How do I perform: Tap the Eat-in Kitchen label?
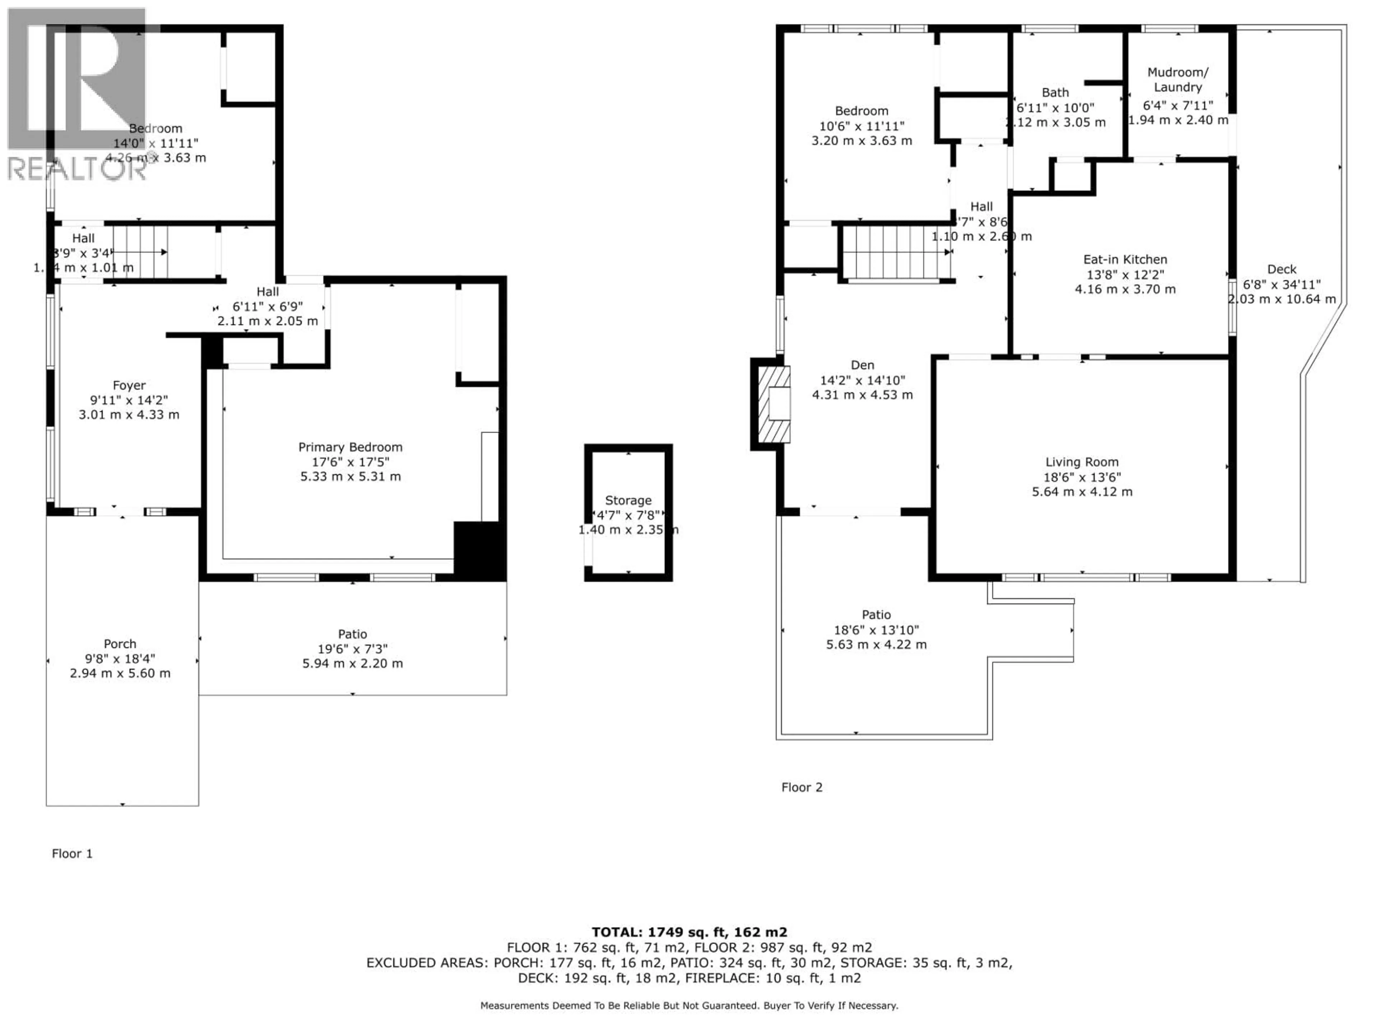[x=1125, y=259]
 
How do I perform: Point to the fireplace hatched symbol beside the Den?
[x=774, y=404]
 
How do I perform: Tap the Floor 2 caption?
[x=802, y=787]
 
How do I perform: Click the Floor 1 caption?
[x=72, y=853]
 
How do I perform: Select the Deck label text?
[x=1282, y=269]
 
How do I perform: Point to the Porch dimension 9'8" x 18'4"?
[x=120, y=658]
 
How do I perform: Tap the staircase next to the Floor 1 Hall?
[x=141, y=252]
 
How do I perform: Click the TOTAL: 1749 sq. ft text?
[x=689, y=932]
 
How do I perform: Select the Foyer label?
[x=129, y=385]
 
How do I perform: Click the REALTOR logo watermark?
[x=77, y=93]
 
